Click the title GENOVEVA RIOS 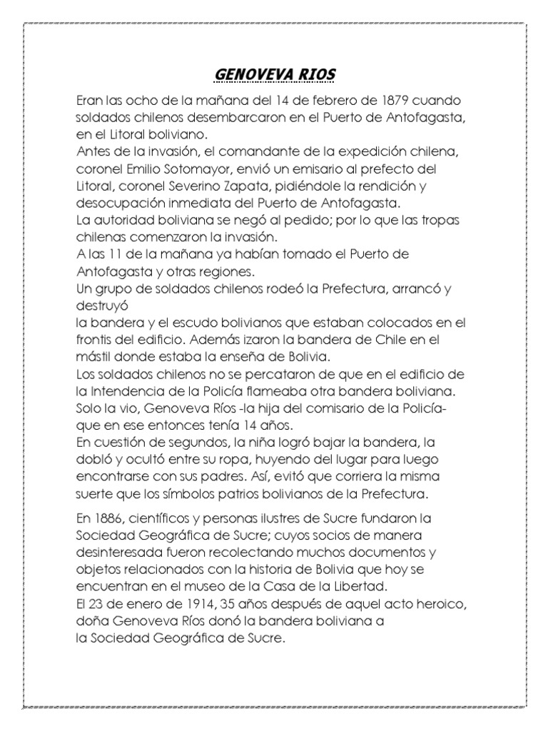point(274,74)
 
